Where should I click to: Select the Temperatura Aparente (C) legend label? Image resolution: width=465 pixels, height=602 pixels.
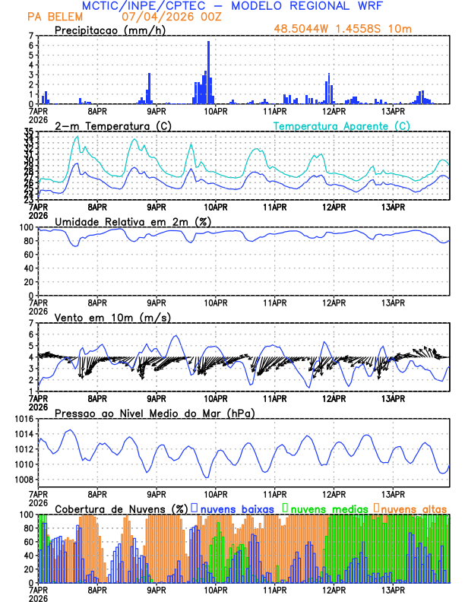[x=342, y=125]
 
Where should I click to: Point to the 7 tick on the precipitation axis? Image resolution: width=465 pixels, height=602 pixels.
[x=31, y=36]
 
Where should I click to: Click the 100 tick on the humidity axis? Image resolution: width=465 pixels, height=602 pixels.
[x=27, y=227]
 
